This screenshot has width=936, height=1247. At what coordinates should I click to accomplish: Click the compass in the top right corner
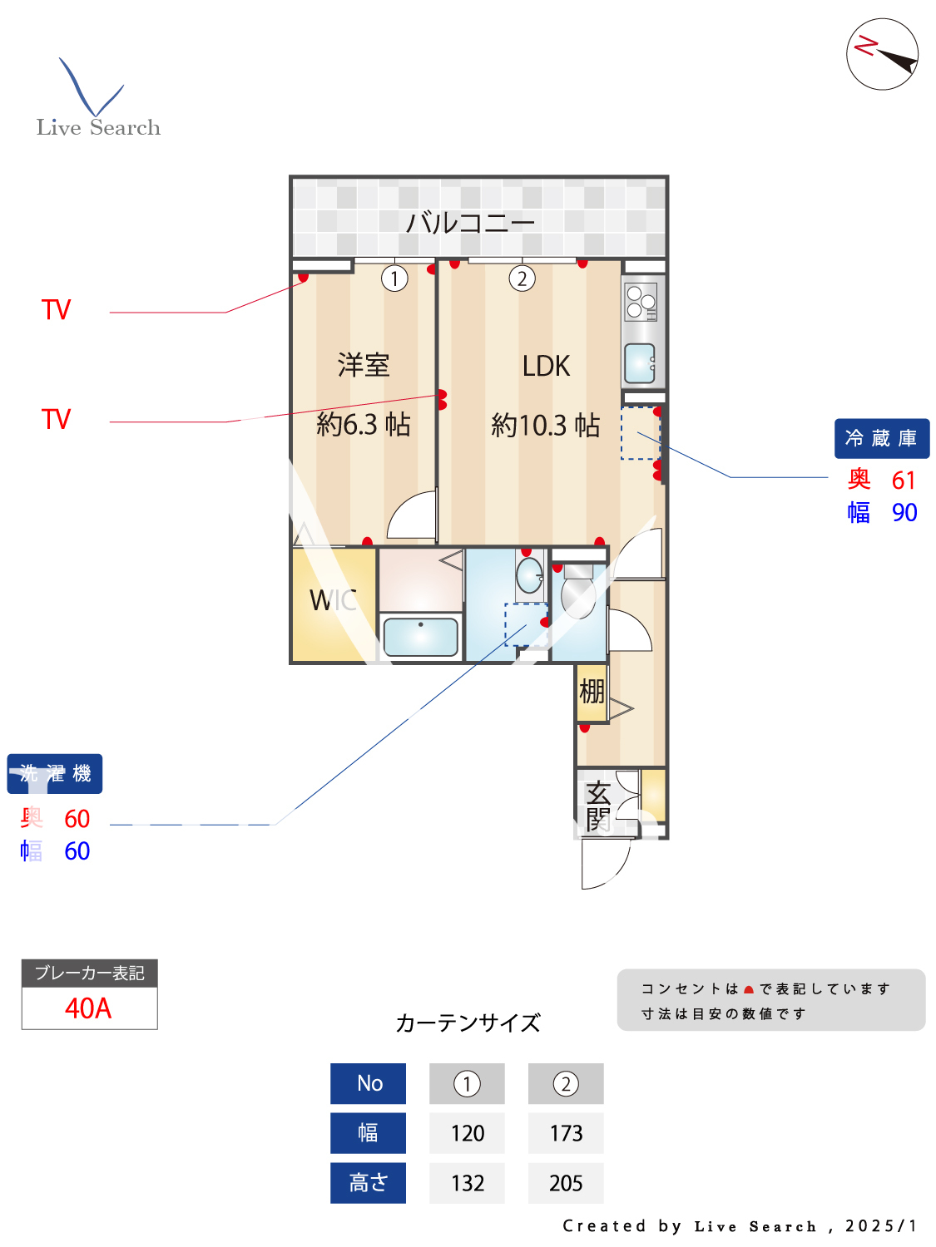[x=882, y=54]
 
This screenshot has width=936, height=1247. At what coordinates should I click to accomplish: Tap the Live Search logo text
[x=98, y=127]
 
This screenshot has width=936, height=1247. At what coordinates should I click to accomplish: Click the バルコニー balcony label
[x=470, y=223]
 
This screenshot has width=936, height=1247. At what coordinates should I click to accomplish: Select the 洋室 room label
[x=364, y=365]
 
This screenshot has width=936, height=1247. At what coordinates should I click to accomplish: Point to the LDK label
[x=546, y=367]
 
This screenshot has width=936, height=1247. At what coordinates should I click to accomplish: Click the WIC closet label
[x=333, y=600]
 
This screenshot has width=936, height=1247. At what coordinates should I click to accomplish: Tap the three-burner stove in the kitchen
[x=641, y=302]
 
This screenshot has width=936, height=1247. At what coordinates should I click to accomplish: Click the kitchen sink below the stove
[x=640, y=363]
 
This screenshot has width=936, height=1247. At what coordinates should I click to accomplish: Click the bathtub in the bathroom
[x=421, y=637]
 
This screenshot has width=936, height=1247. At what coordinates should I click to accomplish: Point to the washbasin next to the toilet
[x=529, y=574]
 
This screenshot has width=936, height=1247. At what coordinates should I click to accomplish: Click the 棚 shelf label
[x=592, y=692]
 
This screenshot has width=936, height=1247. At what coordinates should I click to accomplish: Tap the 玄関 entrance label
[x=598, y=806]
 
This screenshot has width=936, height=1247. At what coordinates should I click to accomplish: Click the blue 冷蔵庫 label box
[x=881, y=438]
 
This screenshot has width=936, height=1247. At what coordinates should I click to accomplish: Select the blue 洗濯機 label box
[x=55, y=774]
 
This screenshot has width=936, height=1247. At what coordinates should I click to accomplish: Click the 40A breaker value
[x=88, y=1008]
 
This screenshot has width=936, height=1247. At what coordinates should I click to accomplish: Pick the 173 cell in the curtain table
[x=566, y=1133]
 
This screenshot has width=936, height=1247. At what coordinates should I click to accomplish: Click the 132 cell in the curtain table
[x=467, y=1183]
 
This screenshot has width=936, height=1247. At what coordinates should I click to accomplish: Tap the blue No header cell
[x=369, y=1083]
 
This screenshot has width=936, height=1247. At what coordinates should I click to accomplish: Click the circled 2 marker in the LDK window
[x=522, y=278]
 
